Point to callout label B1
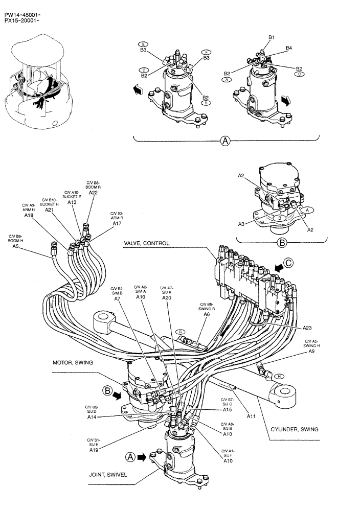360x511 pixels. tap(272, 37)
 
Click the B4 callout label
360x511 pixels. tap(289, 48)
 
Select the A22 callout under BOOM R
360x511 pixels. tap(93, 193)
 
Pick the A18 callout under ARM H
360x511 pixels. tap(29, 216)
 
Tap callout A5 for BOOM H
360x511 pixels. tap(16, 246)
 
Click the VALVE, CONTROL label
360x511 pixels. tap(146, 244)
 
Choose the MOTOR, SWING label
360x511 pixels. tap(73, 362)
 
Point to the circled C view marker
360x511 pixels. tap(289, 264)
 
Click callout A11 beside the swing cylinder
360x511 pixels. tap(251, 416)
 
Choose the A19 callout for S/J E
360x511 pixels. tap(94, 450)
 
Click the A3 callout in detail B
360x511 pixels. tap(242, 223)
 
